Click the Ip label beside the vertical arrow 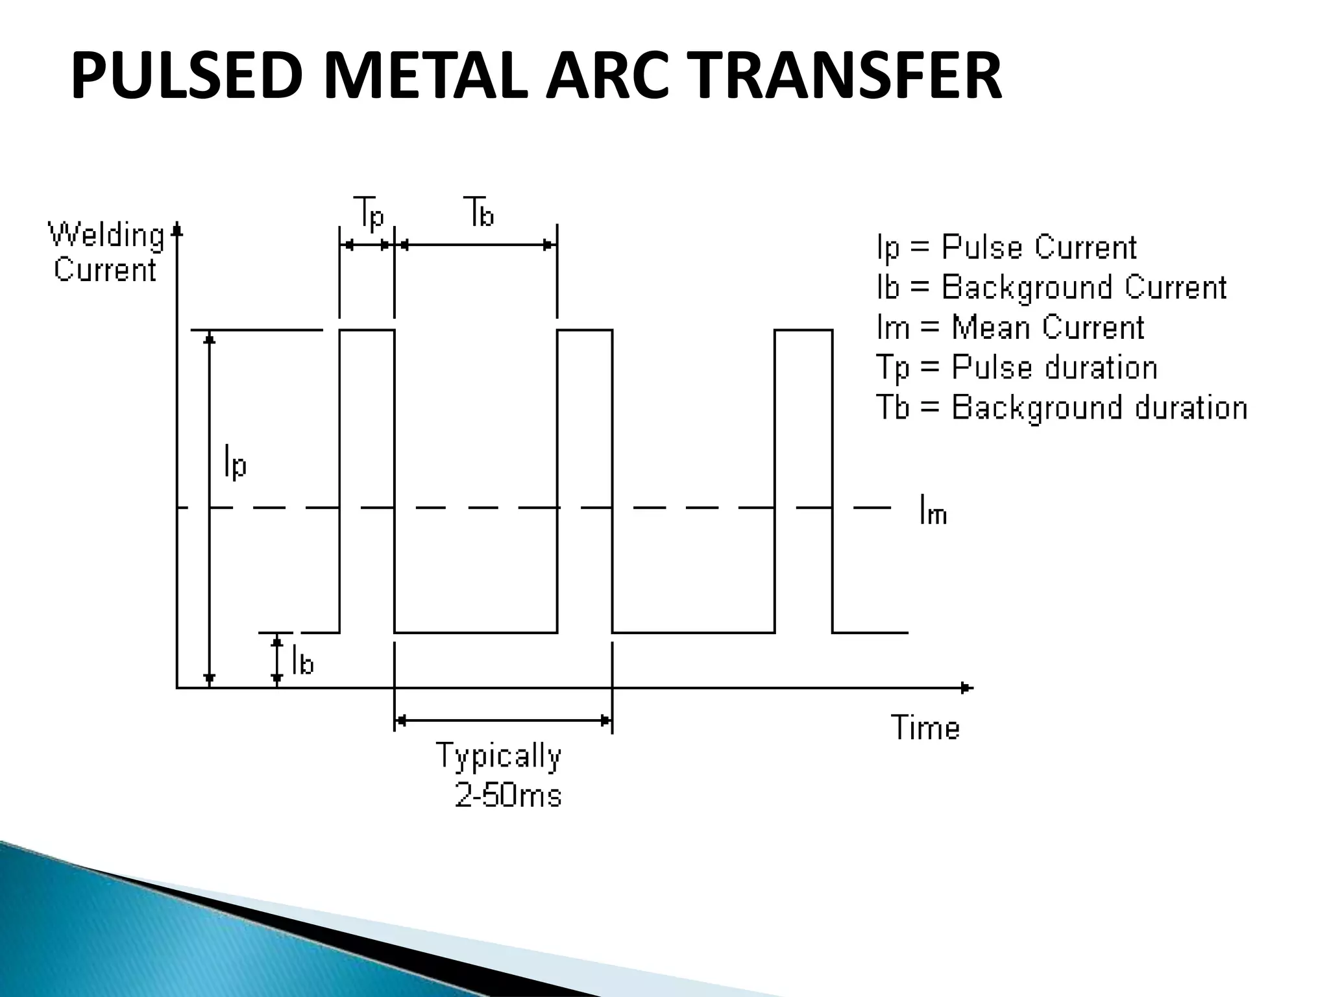point(235,462)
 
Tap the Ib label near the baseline point(302,661)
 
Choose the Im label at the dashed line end point(933,510)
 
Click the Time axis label point(925,728)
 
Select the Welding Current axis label point(106,252)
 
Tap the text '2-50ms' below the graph point(508,796)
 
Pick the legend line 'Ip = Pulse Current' point(1006,248)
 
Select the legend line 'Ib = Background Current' point(1051,288)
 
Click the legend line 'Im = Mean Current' point(1010,327)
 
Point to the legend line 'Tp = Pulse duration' point(1016,368)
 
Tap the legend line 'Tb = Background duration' point(1062,408)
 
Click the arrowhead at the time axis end point(967,687)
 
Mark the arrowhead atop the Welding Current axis point(177,230)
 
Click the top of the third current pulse point(803,330)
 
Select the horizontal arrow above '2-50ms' point(503,720)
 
